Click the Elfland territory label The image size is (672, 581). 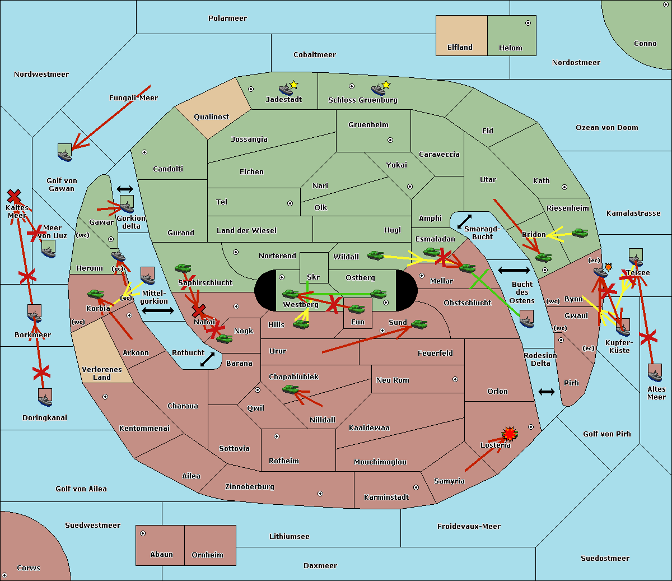click(460, 48)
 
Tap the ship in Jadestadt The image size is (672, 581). click(286, 90)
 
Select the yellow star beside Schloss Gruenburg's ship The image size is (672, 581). click(386, 85)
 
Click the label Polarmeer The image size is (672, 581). click(227, 18)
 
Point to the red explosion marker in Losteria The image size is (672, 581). click(510, 434)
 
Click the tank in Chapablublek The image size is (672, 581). click(291, 389)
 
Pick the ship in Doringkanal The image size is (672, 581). click(45, 397)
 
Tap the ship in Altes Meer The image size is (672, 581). click(655, 373)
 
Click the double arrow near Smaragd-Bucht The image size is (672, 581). click(464, 221)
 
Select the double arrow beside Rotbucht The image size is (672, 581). click(207, 359)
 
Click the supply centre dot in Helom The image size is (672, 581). click(528, 23)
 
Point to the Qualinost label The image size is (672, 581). click(212, 117)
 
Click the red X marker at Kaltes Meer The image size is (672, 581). click(14, 196)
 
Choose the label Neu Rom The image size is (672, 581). click(393, 380)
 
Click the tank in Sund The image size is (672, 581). click(419, 324)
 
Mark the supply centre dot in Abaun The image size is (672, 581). click(143, 533)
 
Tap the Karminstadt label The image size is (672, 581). click(386, 498)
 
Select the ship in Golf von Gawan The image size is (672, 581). click(65, 152)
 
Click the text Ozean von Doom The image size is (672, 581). click(607, 128)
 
